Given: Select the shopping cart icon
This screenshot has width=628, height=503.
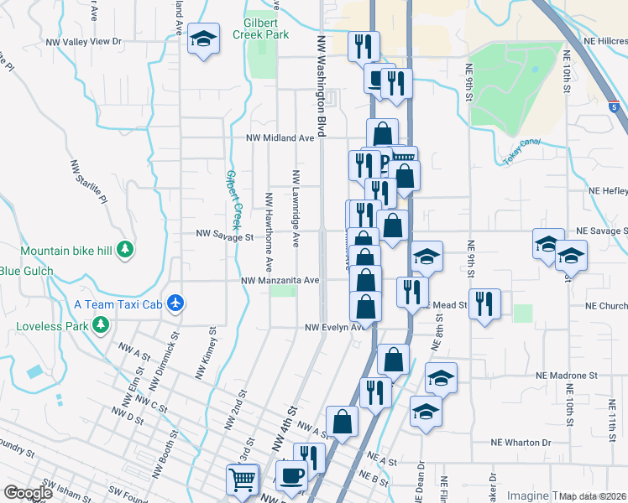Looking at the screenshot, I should (x=242, y=480).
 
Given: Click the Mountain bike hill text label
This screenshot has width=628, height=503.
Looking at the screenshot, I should (x=68, y=250).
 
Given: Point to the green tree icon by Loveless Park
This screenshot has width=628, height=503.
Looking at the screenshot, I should (x=102, y=324).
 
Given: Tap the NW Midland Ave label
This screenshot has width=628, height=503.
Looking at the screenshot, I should (x=280, y=137).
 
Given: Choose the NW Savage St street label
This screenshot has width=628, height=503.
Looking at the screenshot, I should (x=224, y=236).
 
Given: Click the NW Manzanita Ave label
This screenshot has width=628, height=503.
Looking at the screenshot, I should (x=280, y=281).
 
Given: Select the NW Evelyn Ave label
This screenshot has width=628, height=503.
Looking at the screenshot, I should (x=334, y=327).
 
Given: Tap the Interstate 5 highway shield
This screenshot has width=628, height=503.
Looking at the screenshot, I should (x=615, y=106).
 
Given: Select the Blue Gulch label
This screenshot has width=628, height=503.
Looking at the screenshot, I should (x=26, y=271).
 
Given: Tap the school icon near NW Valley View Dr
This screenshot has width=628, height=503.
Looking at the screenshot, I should (x=202, y=40).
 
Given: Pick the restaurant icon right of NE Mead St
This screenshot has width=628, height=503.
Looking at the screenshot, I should (x=485, y=303).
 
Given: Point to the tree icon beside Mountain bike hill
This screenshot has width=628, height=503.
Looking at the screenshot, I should (x=125, y=250).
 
